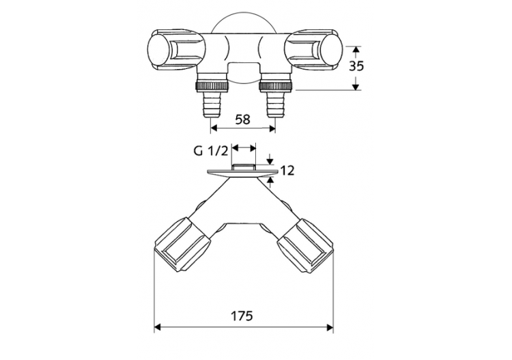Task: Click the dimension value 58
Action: tap(242, 119)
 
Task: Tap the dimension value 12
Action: tap(287, 171)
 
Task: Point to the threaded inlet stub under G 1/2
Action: tap(243, 167)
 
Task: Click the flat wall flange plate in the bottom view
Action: tap(243, 173)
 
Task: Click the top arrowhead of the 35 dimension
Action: tap(356, 50)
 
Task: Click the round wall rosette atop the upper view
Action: tap(243, 24)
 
